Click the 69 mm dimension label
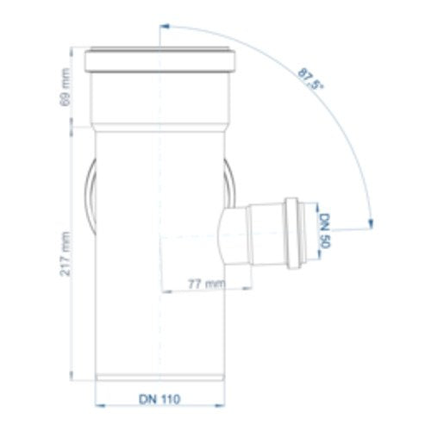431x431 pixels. pyautogui.click(x=66, y=87)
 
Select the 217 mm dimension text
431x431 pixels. pyautogui.click(x=66, y=253)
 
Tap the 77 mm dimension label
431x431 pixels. pyautogui.click(x=206, y=284)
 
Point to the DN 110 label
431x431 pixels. pyautogui.click(x=159, y=399)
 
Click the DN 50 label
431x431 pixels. pyautogui.click(x=325, y=230)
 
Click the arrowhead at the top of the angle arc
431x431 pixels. pyautogui.click(x=165, y=27)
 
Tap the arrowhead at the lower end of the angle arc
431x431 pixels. pyautogui.click(x=371, y=224)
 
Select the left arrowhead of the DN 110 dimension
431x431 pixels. pyautogui.click(x=100, y=406)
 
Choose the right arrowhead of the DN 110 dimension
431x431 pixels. pyautogui.click(x=221, y=406)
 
